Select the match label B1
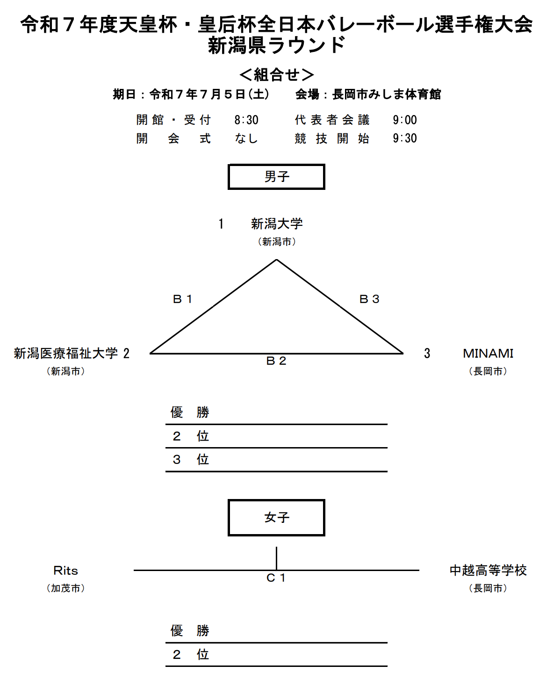[x=183, y=299]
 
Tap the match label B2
[x=276, y=361]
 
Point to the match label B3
[x=369, y=299]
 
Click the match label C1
[x=276, y=578]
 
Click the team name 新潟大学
[x=277, y=224]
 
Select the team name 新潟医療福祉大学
[x=66, y=353]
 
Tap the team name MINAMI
[x=488, y=353]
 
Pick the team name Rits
[x=66, y=571]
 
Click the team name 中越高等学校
[x=488, y=571]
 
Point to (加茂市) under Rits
[x=66, y=588]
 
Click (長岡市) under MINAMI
[x=488, y=371]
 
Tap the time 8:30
[x=246, y=120]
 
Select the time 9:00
[x=405, y=120]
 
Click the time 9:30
[x=405, y=138]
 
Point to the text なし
[x=246, y=138]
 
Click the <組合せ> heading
[x=276, y=75]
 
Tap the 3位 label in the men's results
[x=191, y=459]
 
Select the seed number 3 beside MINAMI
[x=427, y=353]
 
